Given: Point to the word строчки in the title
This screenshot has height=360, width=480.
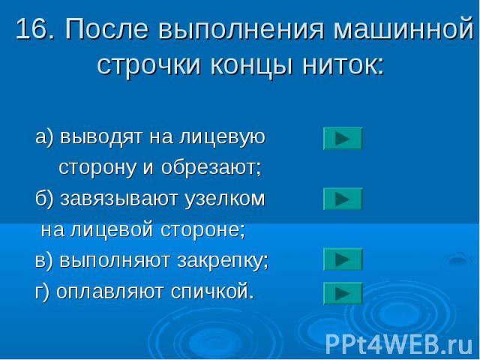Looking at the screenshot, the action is click(149, 64).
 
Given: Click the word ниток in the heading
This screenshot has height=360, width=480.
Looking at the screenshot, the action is click(343, 64).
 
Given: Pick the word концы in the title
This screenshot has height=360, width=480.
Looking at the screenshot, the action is click(251, 65).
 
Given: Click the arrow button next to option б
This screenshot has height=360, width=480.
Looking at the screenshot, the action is click(343, 199).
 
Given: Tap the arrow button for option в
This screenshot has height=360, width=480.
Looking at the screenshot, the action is click(343, 259).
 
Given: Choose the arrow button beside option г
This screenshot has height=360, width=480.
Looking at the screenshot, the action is click(343, 293).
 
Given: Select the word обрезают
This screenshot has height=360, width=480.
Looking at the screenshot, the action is click(211, 167).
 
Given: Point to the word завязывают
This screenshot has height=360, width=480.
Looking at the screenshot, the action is click(119, 199).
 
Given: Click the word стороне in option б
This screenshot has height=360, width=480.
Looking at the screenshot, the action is click(203, 230).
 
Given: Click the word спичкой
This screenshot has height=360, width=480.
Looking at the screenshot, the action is click(212, 292).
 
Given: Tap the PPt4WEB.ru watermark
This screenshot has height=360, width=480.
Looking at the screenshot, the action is click(399, 344).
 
